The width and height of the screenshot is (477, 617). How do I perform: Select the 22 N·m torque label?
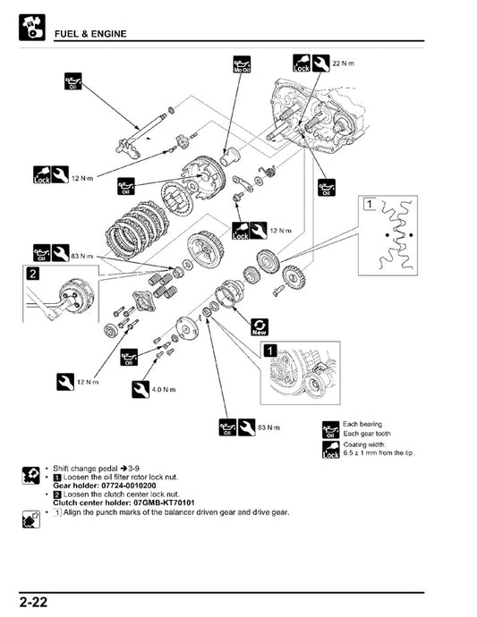tap(344, 63)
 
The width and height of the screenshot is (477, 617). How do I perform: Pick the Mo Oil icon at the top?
tap(242, 63)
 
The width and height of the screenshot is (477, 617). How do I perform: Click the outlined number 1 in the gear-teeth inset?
tap(369, 204)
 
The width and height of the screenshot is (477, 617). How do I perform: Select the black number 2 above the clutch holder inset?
tap(32, 273)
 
